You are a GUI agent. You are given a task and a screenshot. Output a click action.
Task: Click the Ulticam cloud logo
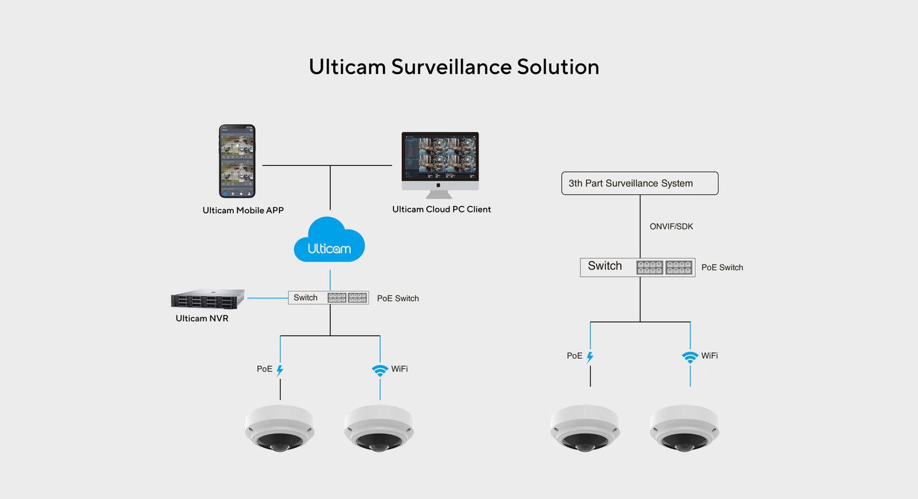pos(329,241)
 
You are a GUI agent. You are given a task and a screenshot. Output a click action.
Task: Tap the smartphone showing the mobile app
pos(237,161)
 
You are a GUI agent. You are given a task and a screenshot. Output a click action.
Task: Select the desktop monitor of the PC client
pos(440,160)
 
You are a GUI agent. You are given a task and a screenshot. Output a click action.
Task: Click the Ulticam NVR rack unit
pos(207,299)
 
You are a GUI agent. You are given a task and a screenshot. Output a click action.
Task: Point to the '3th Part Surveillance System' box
pos(639,184)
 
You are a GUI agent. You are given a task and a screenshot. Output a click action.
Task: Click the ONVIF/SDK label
pos(671,226)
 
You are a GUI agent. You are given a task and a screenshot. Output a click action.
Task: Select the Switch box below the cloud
pos(329,298)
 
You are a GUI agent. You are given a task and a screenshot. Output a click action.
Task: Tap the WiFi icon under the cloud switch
pos(380,370)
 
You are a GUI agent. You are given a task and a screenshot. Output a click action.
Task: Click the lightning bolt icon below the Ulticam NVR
pos(280,370)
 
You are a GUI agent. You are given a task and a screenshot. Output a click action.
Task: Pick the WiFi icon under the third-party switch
pos(690,357)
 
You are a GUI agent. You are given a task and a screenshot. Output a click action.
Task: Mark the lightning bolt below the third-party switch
pos(589,357)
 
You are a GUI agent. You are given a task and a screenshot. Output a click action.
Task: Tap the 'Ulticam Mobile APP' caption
pos(243,210)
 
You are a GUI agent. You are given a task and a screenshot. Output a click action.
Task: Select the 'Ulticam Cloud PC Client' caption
pos(441,209)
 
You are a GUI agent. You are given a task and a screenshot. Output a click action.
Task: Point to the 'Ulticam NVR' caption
pos(202,319)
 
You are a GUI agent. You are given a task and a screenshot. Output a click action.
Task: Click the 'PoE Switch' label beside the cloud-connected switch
pos(397,298)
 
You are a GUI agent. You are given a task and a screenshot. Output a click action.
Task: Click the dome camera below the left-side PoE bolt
pos(280,428)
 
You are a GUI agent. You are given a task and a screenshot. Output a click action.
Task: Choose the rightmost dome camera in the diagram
pos(684,428)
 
